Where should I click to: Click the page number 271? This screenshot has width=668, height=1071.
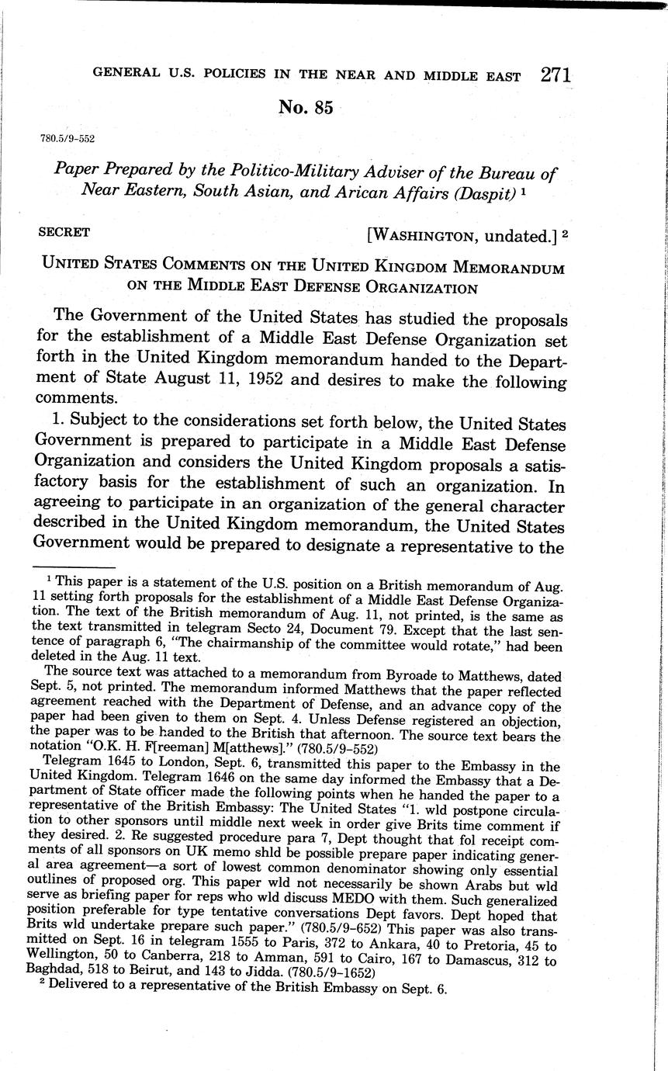(556, 75)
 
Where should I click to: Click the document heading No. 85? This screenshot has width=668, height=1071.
(306, 108)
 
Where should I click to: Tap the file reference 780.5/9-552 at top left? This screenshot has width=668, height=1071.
(67, 139)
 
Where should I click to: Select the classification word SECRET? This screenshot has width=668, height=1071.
(64, 232)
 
